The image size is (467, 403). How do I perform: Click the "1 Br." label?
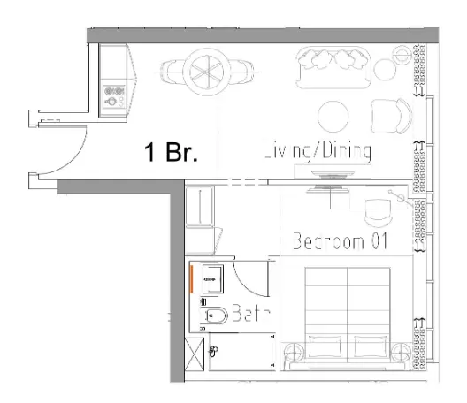point(171,152)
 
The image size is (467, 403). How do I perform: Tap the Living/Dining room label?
point(317,152)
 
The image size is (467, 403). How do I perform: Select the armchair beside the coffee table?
point(390,115)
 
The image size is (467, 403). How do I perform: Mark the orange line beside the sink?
point(191,280)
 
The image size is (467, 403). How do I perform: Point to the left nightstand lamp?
point(293,353)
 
